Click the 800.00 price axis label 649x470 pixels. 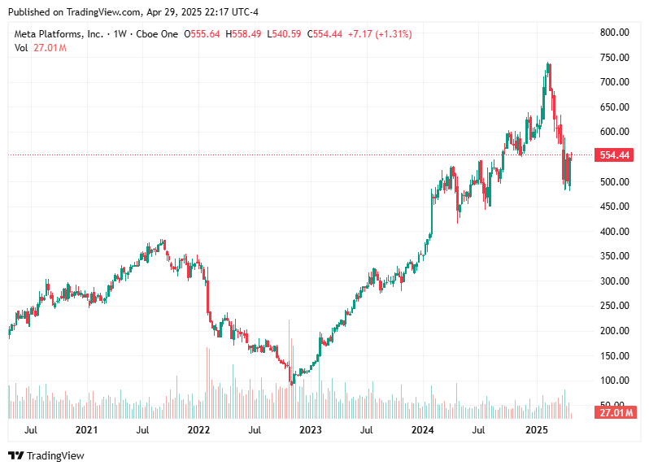tap(614, 33)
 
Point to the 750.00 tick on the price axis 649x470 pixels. tap(614, 58)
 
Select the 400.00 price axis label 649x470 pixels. tap(614, 232)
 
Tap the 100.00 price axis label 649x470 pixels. tap(614, 381)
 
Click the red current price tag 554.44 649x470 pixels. tap(614, 154)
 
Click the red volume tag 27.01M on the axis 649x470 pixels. tap(614, 413)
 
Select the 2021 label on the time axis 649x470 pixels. tap(86, 429)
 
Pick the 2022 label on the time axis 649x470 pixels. tap(198, 429)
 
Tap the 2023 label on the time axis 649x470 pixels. tap(310, 429)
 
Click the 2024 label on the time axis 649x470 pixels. tap(422, 429)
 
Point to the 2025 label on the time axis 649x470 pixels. tap(535, 429)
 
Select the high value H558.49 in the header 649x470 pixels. tap(247, 34)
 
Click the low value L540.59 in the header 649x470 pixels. tap(288, 34)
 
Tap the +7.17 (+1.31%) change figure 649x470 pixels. tap(379, 34)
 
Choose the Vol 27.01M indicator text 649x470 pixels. tap(41, 48)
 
